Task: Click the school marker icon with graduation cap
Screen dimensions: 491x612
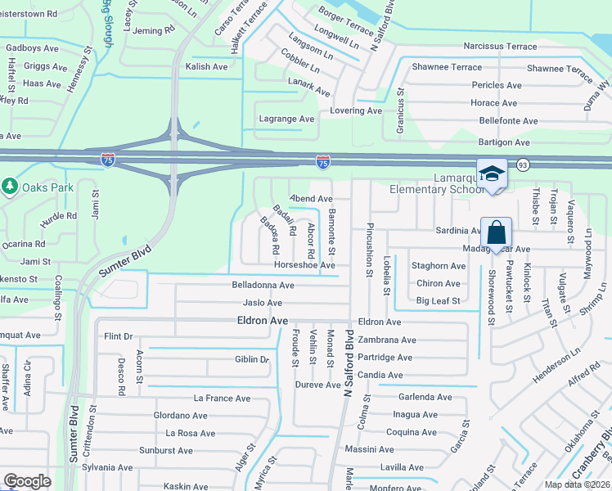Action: pyautogui.click(x=492, y=174)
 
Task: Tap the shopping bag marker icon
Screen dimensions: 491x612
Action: pyautogui.click(x=497, y=233)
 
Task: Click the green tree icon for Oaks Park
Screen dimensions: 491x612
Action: pyautogui.click(x=9, y=187)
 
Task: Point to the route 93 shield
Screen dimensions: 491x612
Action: pyautogui.click(x=522, y=165)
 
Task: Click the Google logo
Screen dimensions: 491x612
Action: pyautogui.click(x=27, y=481)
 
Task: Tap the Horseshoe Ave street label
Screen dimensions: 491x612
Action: pyautogui.click(x=304, y=265)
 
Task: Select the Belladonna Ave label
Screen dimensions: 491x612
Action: pyautogui.click(x=263, y=286)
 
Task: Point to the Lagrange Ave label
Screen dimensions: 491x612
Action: pyautogui.click(x=286, y=119)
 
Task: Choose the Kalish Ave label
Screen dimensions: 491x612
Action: pyautogui.click(x=206, y=66)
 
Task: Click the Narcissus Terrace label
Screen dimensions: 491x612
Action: pyautogui.click(x=499, y=47)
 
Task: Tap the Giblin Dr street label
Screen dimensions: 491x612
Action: pyautogui.click(x=252, y=359)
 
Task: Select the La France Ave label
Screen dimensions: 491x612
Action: pyautogui.click(x=220, y=398)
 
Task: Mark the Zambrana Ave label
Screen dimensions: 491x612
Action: pyautogui.click(x=386, y=340)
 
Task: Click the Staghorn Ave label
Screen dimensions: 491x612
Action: pyautogui.click(x=439, y=266)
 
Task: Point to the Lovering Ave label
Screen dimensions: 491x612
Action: pyautogui.click(x=356, y=110)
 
